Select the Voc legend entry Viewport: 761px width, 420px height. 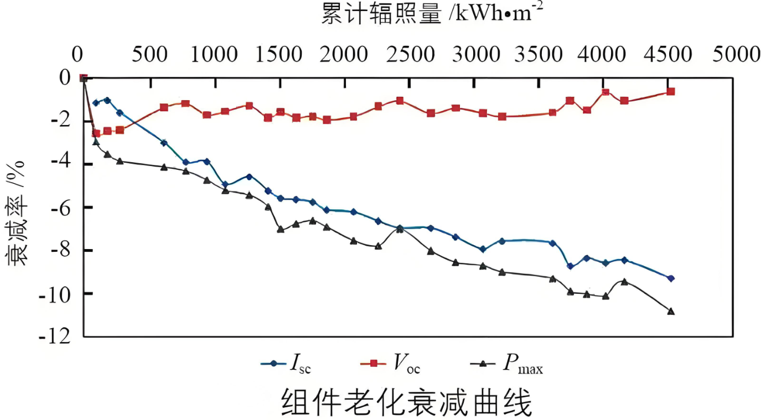point(394,364)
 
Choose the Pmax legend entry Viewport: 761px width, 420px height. point(506,364)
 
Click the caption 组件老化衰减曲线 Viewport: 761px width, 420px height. point(407,403)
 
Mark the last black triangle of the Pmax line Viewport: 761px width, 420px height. point(671,312)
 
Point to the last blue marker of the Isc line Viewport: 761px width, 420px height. point(671,278)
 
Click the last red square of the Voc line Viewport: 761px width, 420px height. point(671,91)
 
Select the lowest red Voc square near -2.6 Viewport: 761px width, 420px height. point(96,133)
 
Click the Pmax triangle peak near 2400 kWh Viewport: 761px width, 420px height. point(400,229)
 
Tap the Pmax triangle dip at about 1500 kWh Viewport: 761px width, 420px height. point(281,229)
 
